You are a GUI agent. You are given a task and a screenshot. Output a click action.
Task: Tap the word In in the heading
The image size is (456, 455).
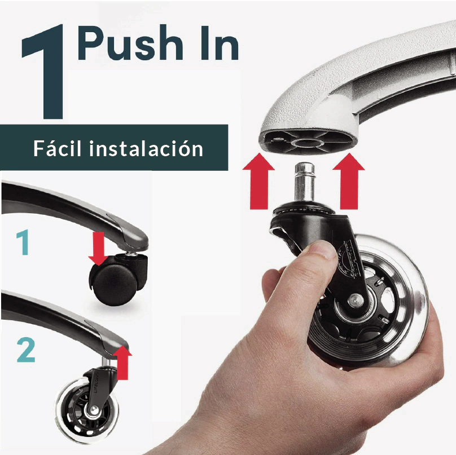point(220,43)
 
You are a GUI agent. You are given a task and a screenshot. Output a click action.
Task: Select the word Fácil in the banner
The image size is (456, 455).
point(58,148)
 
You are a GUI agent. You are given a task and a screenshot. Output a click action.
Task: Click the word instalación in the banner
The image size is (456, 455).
point(146,148)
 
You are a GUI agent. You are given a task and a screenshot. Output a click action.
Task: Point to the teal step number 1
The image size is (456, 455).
point(23,242)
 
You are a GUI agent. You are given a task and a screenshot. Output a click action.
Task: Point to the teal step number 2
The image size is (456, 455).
point(26,350)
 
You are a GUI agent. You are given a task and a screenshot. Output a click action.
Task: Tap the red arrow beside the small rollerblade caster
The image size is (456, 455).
point(122,363)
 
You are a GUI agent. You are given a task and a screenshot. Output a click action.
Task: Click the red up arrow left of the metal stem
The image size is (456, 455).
point(258,181)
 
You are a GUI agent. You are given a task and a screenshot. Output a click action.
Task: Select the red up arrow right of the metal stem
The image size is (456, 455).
point(349,181)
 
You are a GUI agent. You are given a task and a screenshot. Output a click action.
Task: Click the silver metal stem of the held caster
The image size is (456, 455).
point(305,182)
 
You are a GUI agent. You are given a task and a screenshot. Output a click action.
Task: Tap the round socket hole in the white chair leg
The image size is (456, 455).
point(308,143)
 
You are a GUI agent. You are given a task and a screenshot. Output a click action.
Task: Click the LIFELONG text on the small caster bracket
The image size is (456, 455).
point(97,384)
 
